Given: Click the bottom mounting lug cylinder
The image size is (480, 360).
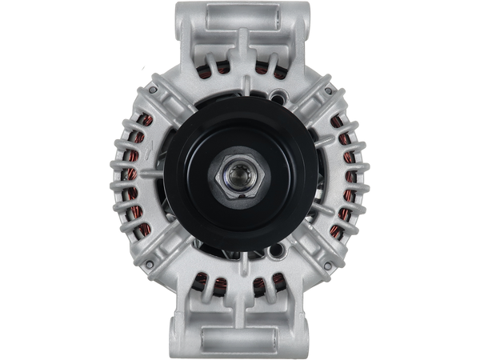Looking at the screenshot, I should click(x=239, y=336).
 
